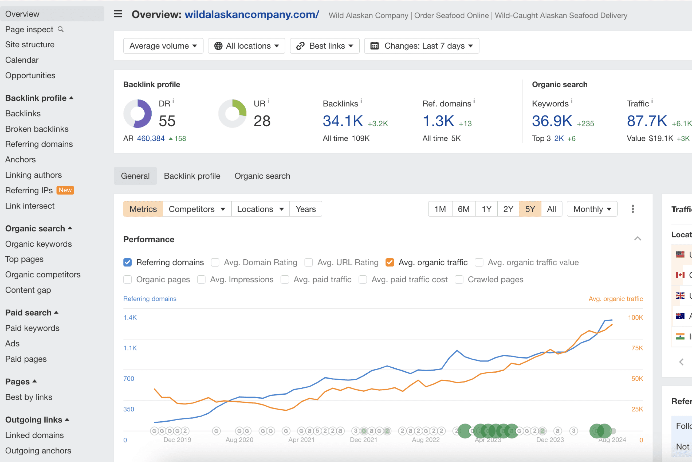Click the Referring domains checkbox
(x=127, y=262)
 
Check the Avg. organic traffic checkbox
(x=390, y=262)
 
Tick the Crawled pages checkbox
(x=459, y=279)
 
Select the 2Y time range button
(x=508, y=209)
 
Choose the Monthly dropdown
(x=592, y=209)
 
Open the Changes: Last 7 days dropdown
(x=421, y=46)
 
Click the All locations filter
(x=247, y=46)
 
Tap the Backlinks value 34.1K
(x=343, y=121)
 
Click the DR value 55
(x=167, y=121)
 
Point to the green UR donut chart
(x=233, y=113)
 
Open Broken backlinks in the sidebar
(x=37, y=129)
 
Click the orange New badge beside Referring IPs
(x=65, y=190)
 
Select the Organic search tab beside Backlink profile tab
(x=262, y=176)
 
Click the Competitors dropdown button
(x=197, y=209)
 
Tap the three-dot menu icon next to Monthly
(x=632, y=209)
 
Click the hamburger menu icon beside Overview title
(x=118, y=14)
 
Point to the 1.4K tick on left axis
(x=130, y=317)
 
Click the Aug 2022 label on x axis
(x=426, y=440)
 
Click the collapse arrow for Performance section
(x=638, y=239)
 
